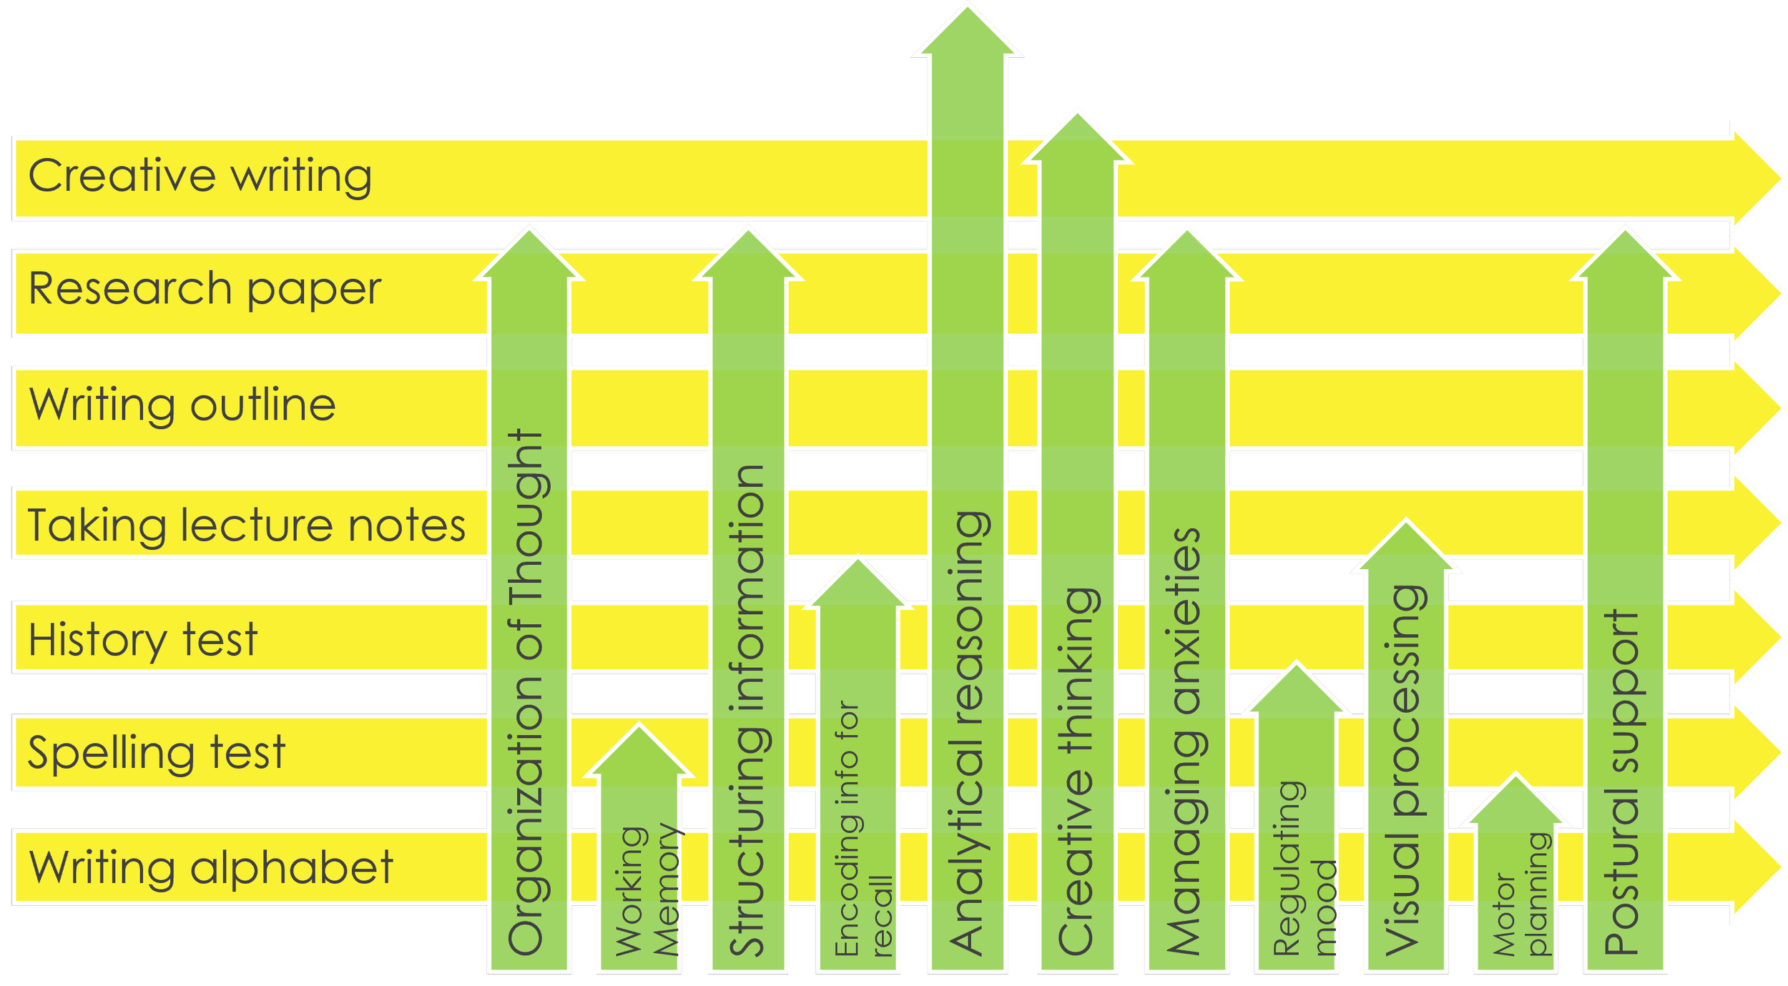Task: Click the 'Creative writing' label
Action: point(200,176)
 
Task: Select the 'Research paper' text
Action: point(205,290)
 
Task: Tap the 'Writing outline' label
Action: point(182,405)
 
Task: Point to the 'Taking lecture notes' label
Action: point(246,526)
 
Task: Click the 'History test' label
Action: point(142,639)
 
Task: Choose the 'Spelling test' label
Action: point(157,753)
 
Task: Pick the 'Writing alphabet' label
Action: point(211,868)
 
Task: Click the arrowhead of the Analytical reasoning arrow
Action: point(968,32)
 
